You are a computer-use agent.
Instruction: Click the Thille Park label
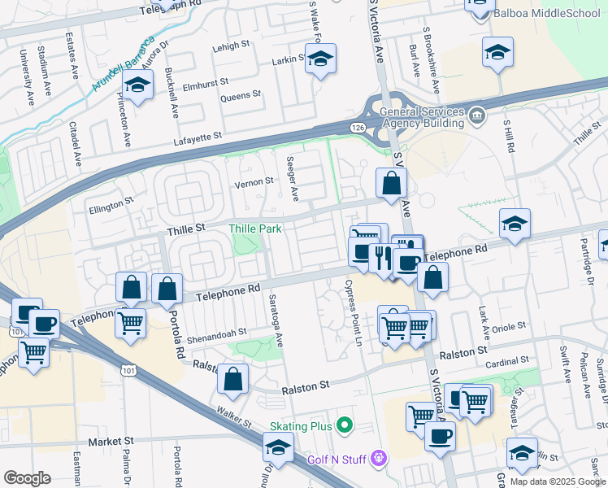[x=254, y=229]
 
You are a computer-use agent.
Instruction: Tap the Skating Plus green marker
[x=345, y=425]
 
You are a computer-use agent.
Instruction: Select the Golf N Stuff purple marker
[x=377, y=459]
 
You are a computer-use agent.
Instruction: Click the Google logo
[x=27, y=478]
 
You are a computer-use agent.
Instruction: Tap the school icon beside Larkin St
[x=321, y=59]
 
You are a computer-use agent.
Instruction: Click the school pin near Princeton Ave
[x=137, y=85]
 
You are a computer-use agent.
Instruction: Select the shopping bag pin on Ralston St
[x=233, y=379]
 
